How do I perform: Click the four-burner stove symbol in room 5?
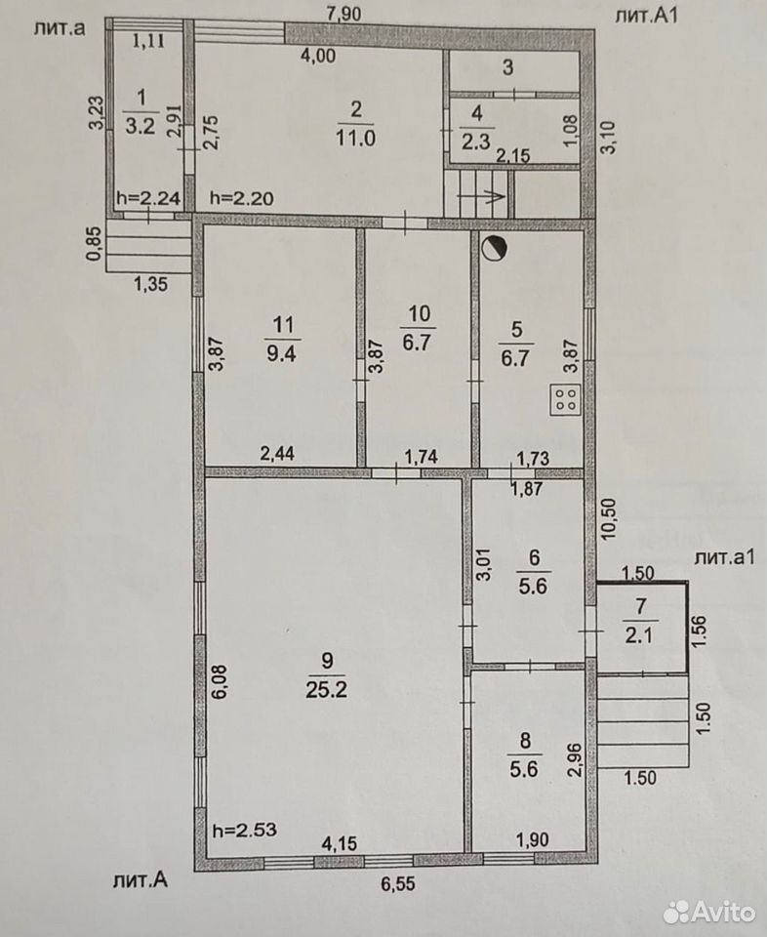[565, 399]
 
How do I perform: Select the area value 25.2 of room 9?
[326, 690]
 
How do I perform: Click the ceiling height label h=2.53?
[245, 830]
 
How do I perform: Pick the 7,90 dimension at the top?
[344, 13]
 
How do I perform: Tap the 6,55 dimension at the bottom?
[398, 883]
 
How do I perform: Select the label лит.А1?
[647, 15]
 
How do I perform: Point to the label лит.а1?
[725, 557]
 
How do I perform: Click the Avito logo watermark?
[709, 912]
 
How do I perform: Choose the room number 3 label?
[507, 67]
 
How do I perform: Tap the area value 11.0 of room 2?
[355, 139]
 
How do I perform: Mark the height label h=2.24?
[148, 198]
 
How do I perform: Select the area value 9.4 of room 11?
[281, 353]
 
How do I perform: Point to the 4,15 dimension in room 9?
[340, 843]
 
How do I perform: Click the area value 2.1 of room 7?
[638, 635]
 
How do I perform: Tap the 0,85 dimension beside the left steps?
[94, 245]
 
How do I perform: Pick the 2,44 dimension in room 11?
[277, 454]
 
